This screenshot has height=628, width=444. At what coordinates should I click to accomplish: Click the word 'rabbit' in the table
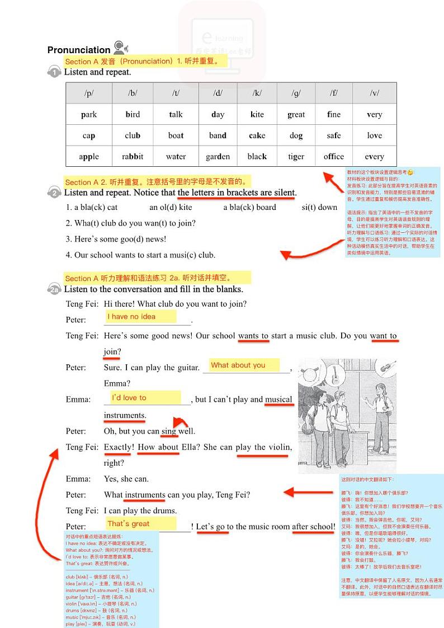click(x=133, y=157)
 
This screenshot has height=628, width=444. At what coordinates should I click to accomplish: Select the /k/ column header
click(x=257, y=93)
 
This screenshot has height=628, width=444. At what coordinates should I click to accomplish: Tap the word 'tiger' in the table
click(x=296, y=157)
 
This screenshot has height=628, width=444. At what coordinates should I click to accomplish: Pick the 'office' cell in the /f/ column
click(x=334, y=157)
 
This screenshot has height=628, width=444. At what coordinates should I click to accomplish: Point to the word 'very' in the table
click(x=374, y=115)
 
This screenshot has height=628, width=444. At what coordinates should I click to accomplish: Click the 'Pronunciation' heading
click(x=79, y=50)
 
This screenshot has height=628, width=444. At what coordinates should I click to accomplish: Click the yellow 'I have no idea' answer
click(x=132, y=317)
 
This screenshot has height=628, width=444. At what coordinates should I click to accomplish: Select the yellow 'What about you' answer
click(x=238, y=365)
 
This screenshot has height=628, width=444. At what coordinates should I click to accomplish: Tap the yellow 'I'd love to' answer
click(x=129, y=398)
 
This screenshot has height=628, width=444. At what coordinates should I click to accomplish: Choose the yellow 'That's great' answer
click(x=129, y=524)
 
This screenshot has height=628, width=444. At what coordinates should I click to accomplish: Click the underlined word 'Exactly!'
click(x=119, y=447)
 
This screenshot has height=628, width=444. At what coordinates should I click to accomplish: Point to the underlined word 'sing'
click(x=168, y=432)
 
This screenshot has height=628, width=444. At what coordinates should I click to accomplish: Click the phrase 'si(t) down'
click(x=319, y=207)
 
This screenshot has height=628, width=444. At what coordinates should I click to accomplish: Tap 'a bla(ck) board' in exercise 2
click(x=249, y=207)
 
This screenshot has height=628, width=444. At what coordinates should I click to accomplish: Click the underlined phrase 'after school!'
click(x=314, y=527)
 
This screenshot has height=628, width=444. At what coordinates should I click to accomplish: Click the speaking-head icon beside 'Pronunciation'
click(x=120, y=47)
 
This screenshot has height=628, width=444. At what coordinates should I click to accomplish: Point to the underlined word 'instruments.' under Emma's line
click(x=125, y=415)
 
